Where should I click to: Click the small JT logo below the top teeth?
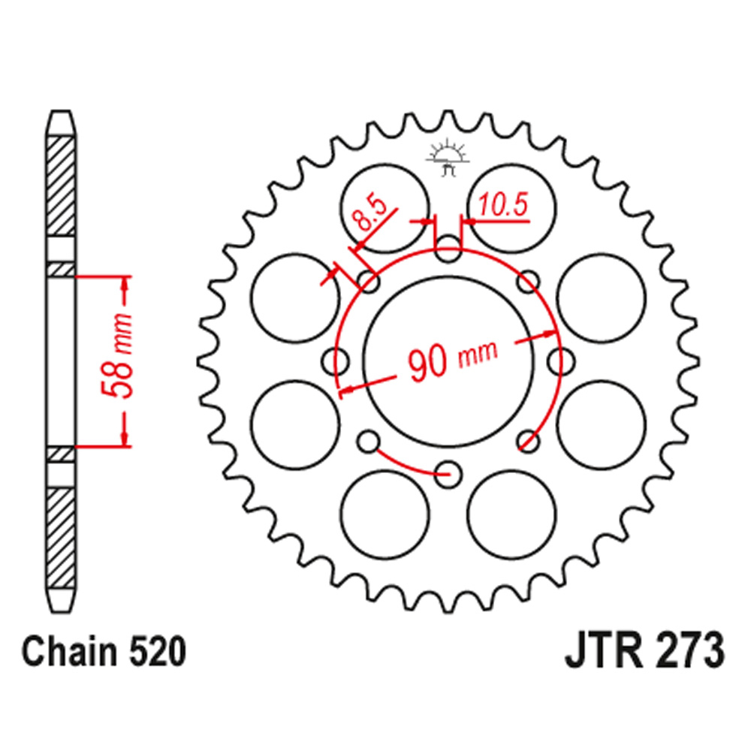[448, 158]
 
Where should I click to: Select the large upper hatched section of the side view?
[61, 184]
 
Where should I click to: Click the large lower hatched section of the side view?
[61, 537]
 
